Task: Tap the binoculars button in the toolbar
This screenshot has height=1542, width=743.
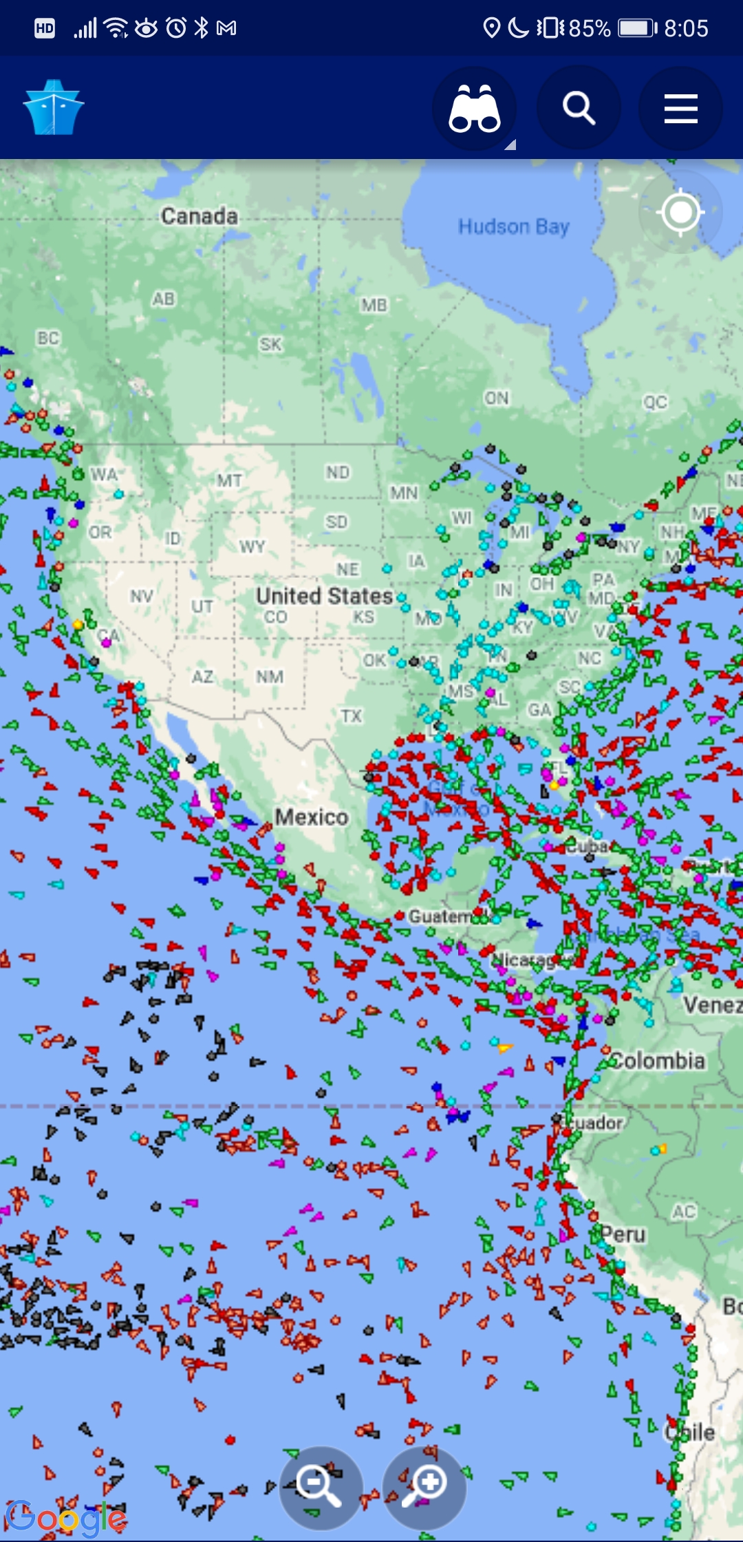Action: pyautogui.click(x=474, y=109)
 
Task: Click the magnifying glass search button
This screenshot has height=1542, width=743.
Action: pyautogui.click(x=578, y=109)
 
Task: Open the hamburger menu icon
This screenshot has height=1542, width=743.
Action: pyautogui.click(x=680, y=109)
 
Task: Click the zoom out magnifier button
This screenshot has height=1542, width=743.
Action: pyautogui.click(x=320, y=1487)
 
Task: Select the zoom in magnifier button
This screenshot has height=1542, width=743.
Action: pyautogui.click(x=424, y=1487)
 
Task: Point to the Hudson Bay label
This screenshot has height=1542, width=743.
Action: pyautogui.click(x=513, y=226)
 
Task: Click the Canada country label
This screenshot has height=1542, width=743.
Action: pyautogui.click(x=200, y=216)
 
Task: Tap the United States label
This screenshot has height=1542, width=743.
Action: pyautogui.click(x=324, y=595)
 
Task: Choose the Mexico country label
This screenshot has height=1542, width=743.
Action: pyautogui.click(x=312, y=817)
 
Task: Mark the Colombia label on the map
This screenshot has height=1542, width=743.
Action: pyautogui.click(x=658, y=1061)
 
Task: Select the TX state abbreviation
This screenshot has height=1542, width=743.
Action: pyautogui.click(x=351, y=716)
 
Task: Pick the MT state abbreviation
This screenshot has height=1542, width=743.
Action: pyautogui.click(x=229, y=480)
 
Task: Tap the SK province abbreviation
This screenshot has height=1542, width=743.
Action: pyautogui.click(x=270, y=344)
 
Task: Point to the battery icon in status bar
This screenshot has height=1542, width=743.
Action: pyautogui.click(x=637, y=28)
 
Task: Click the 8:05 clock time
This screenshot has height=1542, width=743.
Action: pyautogui.click(x=686, y=28)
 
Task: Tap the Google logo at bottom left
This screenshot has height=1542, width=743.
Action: pyautogui.click(x=65, y=1518)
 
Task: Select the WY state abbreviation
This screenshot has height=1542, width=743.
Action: pyautogui.click(x=252, y=547)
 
